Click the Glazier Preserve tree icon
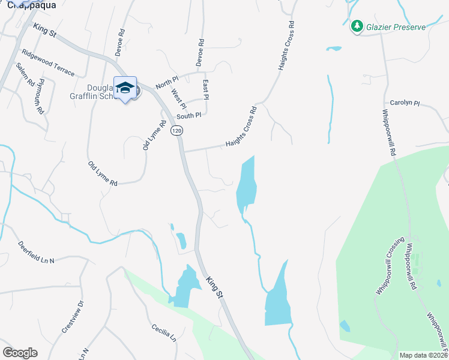pyautogui.click(x=357, y=26)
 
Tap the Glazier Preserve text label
pyautogui.click(x=397, y=27)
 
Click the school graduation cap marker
pyautogui.click(x=125, y=88)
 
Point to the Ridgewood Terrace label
pyautogui.click(x=48, y=63)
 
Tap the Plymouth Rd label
pyautogui.click(x=41, y=96)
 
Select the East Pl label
pyautogui.click(x=206, y=89)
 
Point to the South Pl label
pyautogui.click(x=188, y=115)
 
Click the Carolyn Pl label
pyautogui.click(x=403, y=103)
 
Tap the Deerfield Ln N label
pyautogui.click(x=36, y=252)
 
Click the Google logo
pyautogui.click(x=20, y=353)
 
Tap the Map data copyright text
pyautogui.click(x=424, y=355)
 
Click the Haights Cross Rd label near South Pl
pyautogui.click(x=241, y=127)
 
